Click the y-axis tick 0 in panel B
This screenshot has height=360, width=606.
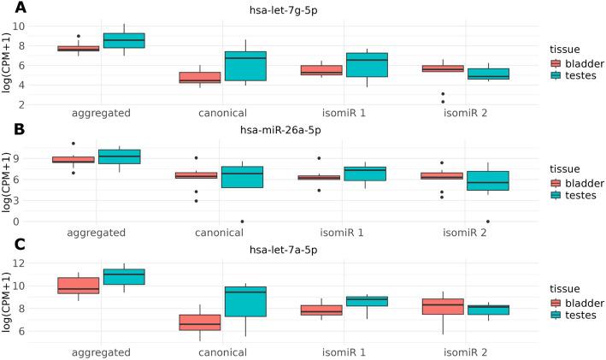[x=28, y=221]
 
